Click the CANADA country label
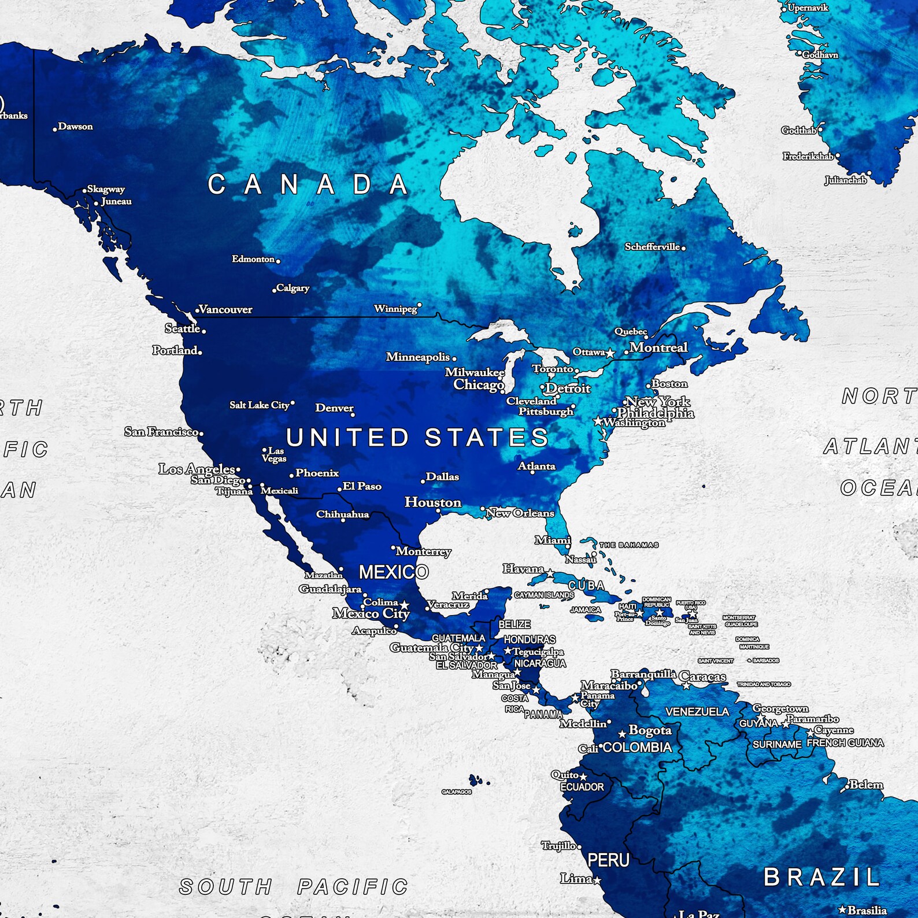pyautogui.click(x=308, y=185)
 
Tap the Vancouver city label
pyautogui.click(x=225, y=309)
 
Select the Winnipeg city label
pyautogui.click(x=395, y=309)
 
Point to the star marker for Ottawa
pyautogui.click(x=610, y=353)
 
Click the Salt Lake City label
pyautogui.click(x=260, y=405)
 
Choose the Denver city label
pyautogui.click(x=334, y=408)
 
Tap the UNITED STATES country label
pyautogui.click(x=417, y=438)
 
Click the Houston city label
pyautogui.click(x=433, y=502)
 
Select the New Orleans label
pyautogui.click(x=520, y=513)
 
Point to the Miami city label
pyautogui.click(x=553, y=540)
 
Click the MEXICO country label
pyautogui.click(x=394, y=572)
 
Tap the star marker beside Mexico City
pyautogui.click(x=405, y=605)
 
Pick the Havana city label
pyautogui.click(x=523, y=569)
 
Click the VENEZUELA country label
pyautogui.click(x=697, y=712)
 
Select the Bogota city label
pyautogui.click(x=650, y=730)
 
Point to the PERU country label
pyautogui.click(x=608, y=860)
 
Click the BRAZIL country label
pyautogui.click(x=821, y=877)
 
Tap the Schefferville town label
pyautogui.click(x=652, y=246)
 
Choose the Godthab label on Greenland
pyautogui.click(x=799, y=130)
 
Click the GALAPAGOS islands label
pyautogui.click(x=457, y=792)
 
